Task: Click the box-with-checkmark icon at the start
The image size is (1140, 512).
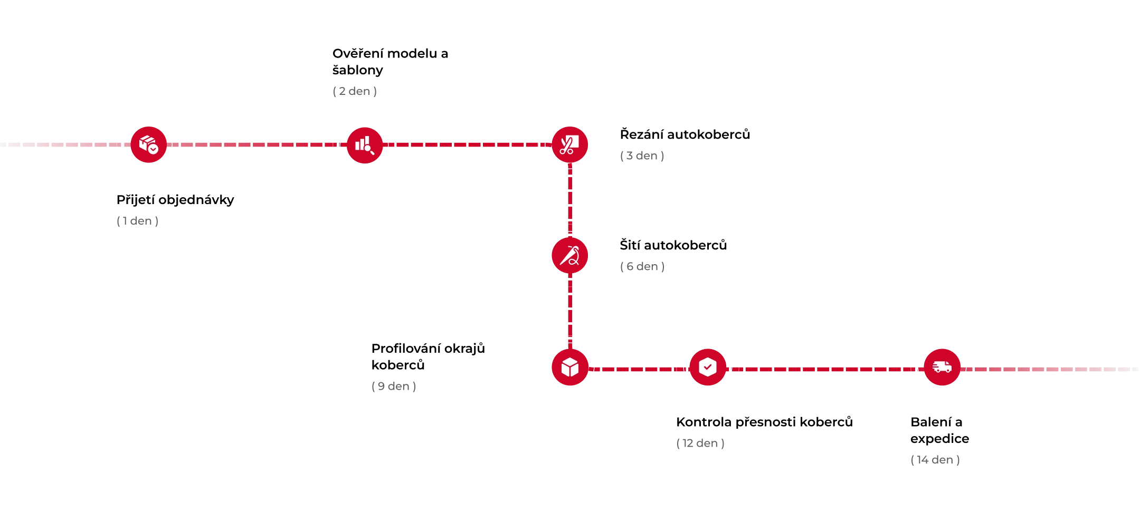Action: pyautogui.click(x=148, y=143)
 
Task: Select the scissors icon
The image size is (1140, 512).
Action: pyautogui.click(x=569, y=144)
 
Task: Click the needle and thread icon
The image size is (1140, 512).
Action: pyautogui.click(x=569, y=256)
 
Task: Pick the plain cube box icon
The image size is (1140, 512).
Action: pyautogui.click(x=569, y=367)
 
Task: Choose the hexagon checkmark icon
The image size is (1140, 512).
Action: pyautogui.click(x=707, y=367)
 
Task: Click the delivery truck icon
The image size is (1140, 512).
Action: pyautogui.click(x=942, y=367)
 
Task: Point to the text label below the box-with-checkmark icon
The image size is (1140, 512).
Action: pyautogui.click(x=137, y=221)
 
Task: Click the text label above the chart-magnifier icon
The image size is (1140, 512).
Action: pyautogui.click(x=356, y=92)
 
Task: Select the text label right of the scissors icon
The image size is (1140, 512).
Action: pyautogui.click(x=643, y=156)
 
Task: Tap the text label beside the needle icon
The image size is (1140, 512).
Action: pyautogui.click(x=643, y=268)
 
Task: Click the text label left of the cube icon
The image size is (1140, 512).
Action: pyautogui.click(x=395, y=387)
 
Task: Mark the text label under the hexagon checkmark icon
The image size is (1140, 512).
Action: pyautogui.click(x=700, y=442)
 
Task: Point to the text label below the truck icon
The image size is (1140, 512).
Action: pyautogui.click(x=935, y=460)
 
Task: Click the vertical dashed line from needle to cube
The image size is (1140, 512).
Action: pyautogui.click(x=570, y=311)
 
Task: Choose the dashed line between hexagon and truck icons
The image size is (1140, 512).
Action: pyautogui.click(x=823, y=370)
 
